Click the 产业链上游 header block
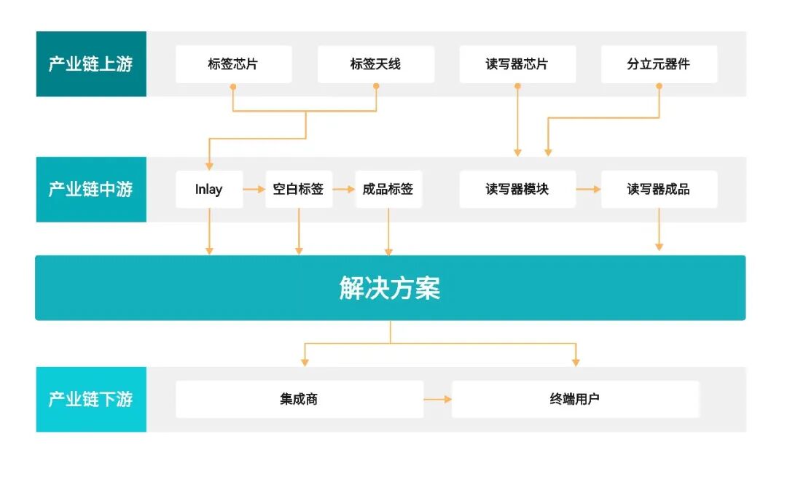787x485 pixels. [91, 64]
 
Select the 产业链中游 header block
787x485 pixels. [91, 190]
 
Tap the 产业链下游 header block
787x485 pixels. [91, 399]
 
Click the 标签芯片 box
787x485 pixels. [233, 64]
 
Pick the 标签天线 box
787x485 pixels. [375, 64]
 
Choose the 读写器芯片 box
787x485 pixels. [517, 64]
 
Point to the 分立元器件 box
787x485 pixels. [659, 64]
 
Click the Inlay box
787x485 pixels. [209, 190]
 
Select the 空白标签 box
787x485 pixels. [299, 190]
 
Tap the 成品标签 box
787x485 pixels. [388, 190]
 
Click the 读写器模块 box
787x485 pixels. [517, 190]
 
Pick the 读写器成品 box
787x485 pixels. [659, 190]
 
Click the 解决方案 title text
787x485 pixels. [390, 288]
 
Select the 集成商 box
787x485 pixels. [299, 399]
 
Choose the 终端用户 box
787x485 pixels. [575, 399]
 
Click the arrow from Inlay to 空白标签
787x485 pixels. [254, 190]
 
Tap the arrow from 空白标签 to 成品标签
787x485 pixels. [344, 190]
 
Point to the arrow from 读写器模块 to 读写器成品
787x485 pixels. [589, 190]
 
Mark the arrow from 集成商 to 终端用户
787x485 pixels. [438, 400]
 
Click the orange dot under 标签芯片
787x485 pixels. [233, 87]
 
